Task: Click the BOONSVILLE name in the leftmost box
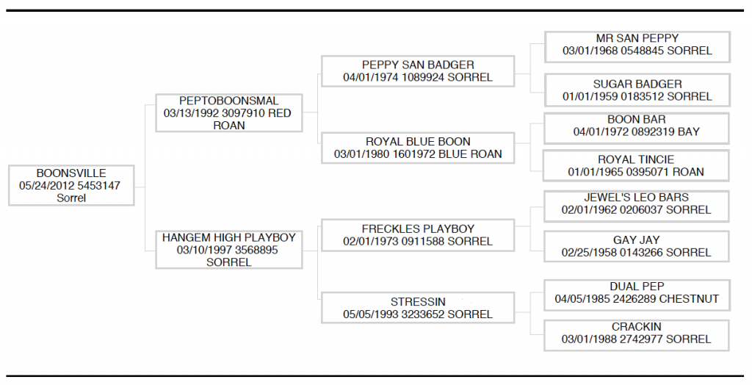coord(71,173)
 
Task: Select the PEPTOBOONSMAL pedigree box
coord(229,113)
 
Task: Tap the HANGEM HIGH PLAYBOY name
coord(229,237)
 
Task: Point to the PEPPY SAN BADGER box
coord(418,71)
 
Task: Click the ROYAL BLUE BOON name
coord(418,142)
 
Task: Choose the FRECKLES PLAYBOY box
coord(418,235)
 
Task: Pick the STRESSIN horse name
coord(418,302)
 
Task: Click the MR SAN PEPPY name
coord(637,38)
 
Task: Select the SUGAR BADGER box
coord(637,90)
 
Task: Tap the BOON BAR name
coord(637,120)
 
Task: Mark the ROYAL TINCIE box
coord(636,165)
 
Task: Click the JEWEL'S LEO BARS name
coord(636,198)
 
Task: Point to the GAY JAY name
coord(636,240)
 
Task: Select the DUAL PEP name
coord(637,287)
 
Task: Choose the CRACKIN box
coord(637,335)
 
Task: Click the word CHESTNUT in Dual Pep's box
coord(689,299)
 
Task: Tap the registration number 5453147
coord(99,186)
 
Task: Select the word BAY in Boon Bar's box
coord(689,132)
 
